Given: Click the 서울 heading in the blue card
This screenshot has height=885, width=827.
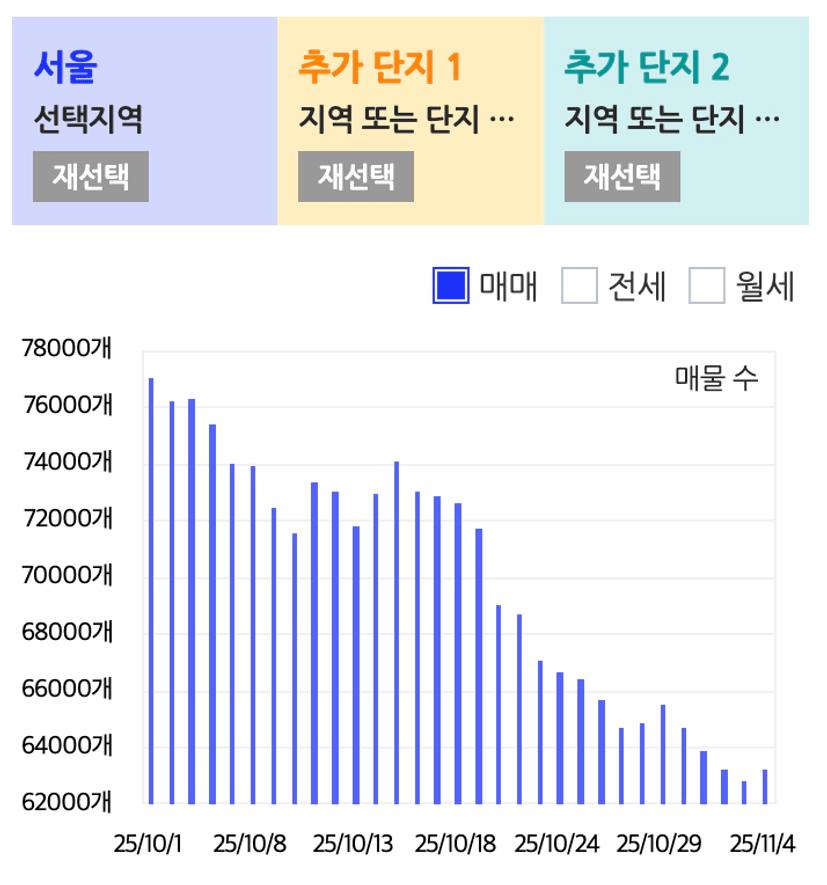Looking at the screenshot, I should pos(65,67).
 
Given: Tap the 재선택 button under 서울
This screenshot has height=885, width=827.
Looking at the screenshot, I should pos(90,177).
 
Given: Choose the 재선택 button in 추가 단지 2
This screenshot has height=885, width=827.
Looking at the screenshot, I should pos(622,177).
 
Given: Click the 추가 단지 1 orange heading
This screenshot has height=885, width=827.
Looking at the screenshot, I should pos(379,67).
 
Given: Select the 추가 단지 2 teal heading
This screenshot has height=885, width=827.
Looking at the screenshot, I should pos(646,67).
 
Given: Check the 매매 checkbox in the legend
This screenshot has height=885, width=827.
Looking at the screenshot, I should pos(451,286).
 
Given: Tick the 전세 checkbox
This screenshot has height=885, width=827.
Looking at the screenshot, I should pos(578,286).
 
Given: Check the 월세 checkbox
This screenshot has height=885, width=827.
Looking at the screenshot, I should pos(707,286).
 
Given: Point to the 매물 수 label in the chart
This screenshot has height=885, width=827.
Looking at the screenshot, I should pos(716,379).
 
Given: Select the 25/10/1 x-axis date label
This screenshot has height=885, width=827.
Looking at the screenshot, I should pos(147,844).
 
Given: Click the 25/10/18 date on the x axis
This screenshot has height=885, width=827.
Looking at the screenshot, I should pos(455,844).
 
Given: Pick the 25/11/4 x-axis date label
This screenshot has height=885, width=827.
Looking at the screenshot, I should pos(762,844).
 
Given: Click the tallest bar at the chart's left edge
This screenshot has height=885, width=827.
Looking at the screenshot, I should pos(151,590).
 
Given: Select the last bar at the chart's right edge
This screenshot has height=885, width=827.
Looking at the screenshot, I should pos(765,786).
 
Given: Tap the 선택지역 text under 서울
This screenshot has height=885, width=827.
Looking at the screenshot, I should pos(88,121).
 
